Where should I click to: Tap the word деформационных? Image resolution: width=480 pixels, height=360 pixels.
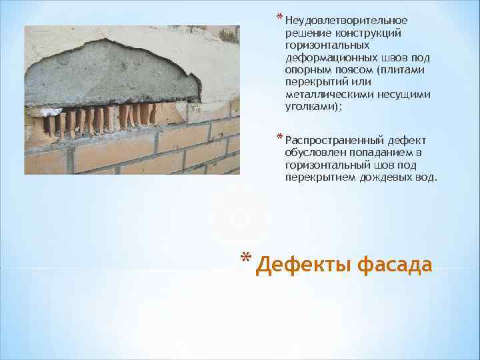coord(325,59)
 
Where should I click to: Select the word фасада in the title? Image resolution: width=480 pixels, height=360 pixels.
coord(395,265)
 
